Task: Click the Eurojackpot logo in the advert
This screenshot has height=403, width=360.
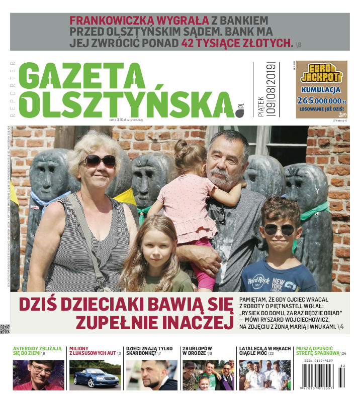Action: tap(321, 74)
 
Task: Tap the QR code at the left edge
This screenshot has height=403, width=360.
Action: tap(5, 329)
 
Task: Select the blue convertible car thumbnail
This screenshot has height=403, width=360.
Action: tap(95, 375)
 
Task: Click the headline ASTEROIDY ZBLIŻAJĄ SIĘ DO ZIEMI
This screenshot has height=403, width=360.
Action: tap(38, 350)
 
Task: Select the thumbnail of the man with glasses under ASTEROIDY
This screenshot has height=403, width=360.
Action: tap(38, 375)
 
